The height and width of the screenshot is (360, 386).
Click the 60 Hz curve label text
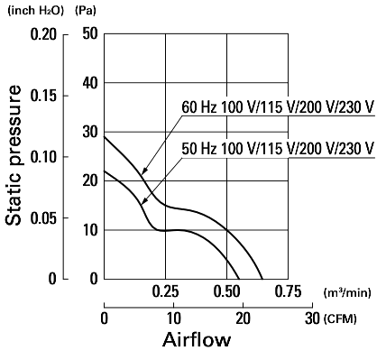278,107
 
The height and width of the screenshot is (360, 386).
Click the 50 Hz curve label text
278,148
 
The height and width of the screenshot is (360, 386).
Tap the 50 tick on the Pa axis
90,33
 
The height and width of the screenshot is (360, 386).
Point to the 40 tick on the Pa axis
90,83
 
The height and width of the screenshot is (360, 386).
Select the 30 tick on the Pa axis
90,132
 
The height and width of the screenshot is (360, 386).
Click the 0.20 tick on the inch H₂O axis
43,35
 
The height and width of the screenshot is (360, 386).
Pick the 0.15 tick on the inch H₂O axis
43,96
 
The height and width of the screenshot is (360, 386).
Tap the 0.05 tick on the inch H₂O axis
43,218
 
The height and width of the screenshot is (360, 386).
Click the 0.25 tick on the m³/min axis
165,291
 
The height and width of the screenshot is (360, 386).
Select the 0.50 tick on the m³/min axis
226,291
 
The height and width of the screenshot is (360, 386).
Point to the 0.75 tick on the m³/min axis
288,291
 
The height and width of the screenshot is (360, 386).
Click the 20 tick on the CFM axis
243,318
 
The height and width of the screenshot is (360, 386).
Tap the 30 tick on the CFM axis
312,318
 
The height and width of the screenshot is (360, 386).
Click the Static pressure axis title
14,155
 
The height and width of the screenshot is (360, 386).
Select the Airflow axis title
197,340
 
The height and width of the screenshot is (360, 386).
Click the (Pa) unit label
86,11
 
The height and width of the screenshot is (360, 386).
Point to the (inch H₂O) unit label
36,11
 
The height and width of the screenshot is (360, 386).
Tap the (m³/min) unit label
347,292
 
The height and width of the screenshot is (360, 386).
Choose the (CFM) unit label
340,318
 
